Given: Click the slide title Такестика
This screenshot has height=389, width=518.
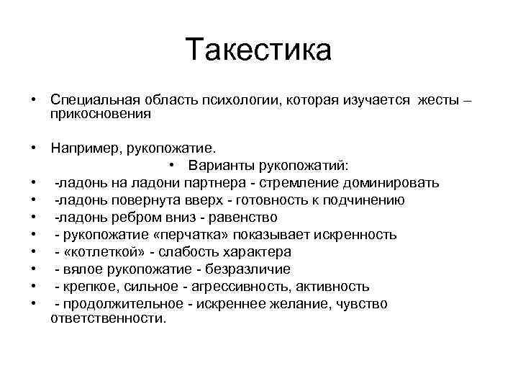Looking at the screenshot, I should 258,50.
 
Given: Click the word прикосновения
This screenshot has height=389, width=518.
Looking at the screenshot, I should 101,114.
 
